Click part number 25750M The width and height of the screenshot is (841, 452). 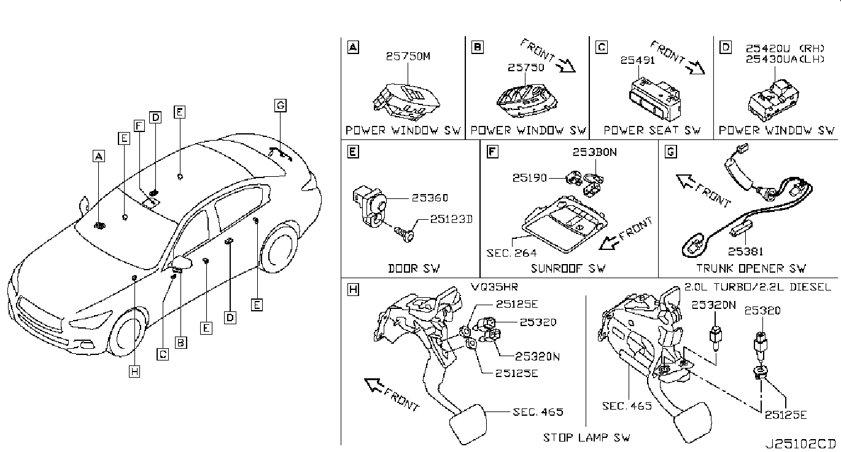(409, 56)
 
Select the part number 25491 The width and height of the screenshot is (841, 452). (637, 61)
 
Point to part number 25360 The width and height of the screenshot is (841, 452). (430, 198)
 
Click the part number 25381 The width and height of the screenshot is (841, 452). (745, 251)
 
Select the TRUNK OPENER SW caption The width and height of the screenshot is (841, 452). (751, 268)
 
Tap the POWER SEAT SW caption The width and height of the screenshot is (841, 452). (652, 130)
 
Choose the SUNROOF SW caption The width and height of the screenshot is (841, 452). (568, 268)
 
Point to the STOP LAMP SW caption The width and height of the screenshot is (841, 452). (586, 437)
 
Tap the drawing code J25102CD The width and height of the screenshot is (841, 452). (800, 443)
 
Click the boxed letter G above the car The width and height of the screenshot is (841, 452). (280, 106)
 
